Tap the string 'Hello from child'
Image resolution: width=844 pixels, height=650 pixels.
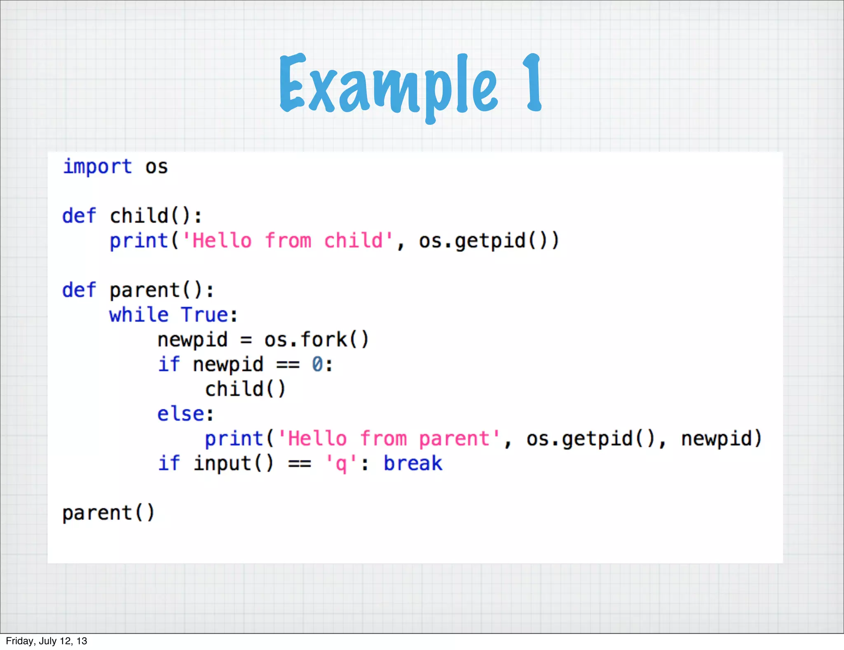(288, 241)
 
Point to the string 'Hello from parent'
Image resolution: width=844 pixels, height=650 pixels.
(389, 439)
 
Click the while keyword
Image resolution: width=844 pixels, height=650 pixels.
(139, 315)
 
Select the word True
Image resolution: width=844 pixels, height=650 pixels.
(204, 315)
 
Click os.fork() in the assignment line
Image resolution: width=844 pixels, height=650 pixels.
(316, 340)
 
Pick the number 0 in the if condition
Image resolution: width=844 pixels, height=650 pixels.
(317, 365)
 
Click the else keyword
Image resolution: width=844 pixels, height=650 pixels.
(181, 414)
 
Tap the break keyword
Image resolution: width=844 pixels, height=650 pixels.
(413, 464)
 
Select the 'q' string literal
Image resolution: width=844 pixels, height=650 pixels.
(340, 464)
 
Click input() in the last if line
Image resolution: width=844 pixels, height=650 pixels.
(233, 464)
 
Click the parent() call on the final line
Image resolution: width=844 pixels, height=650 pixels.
(108, 513)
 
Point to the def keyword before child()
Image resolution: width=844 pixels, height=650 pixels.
(79, 216)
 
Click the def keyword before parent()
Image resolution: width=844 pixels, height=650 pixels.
(79, 290)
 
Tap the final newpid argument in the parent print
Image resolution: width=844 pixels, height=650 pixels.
(721, 439)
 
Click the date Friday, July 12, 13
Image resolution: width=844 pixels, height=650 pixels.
(46, 641)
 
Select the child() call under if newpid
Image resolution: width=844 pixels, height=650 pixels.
(245, 389)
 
